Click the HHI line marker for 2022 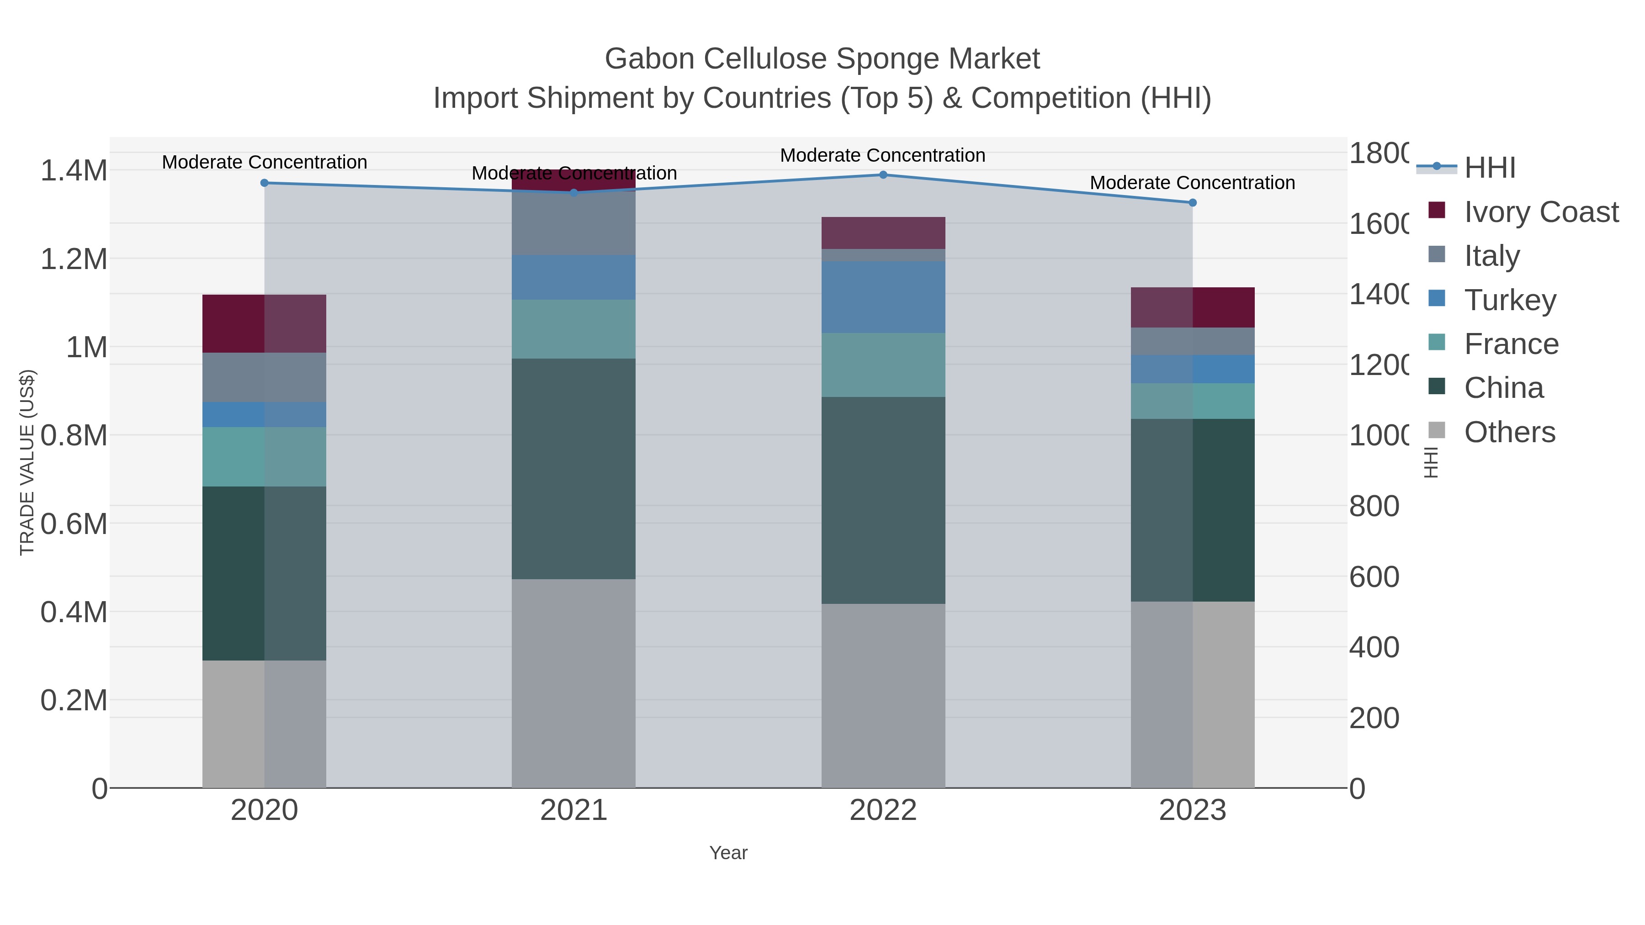point(883,175)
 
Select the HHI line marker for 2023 point(1192,203)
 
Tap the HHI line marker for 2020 point(265,183)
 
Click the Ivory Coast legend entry point(1540,212)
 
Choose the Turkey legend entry point(1510,300)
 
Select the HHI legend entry point(1489,168)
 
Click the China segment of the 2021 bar point(573,469)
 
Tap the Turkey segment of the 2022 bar point(883,297)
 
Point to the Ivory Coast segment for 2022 point(883,233)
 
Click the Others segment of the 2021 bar point(573,683)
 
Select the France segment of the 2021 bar point(573,329)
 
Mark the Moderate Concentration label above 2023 point(1192,183)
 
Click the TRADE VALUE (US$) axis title point(27,462)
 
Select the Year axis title point(728,853)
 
